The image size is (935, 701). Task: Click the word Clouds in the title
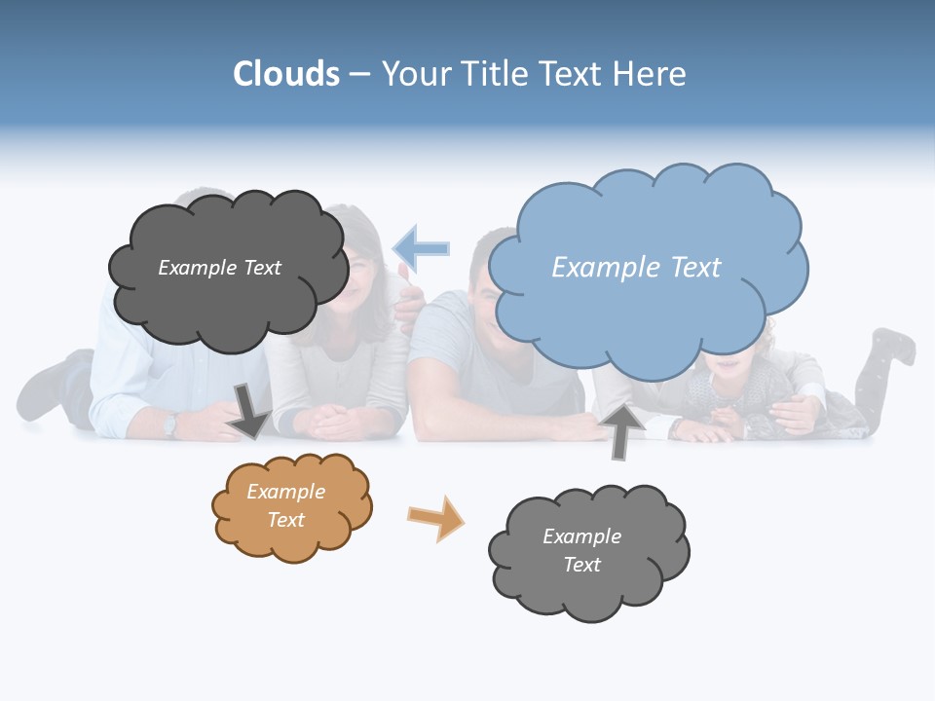pyautogui.click(x=286, y=74)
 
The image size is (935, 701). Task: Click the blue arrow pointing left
pyautogui.click(x=422, y=248)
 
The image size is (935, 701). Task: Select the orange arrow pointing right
pyautogui.click(x=436, y=518)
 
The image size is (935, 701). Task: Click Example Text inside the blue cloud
pyautogui.click(x=636, y=268)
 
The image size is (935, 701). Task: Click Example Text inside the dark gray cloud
pyautogui.click(x=219, y=268)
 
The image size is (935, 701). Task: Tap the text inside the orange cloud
pyautogui.click(x=285, y=505)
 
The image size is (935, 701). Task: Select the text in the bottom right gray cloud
pyautogui.click(x=581, y=550)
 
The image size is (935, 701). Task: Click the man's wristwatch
pyautogui.click(x=170, y=424)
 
